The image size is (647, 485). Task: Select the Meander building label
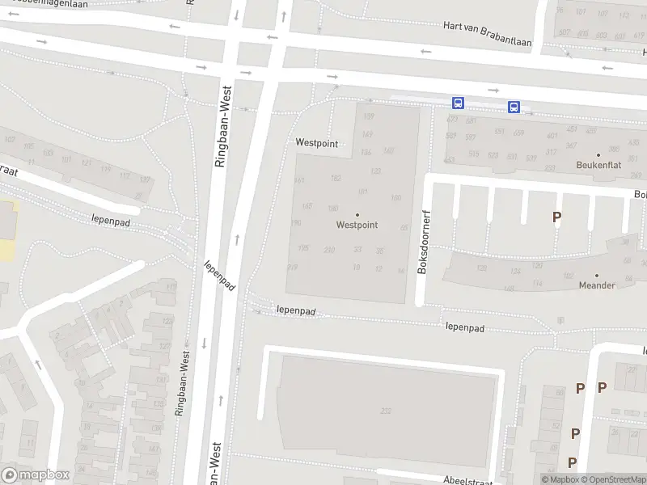(597, 285)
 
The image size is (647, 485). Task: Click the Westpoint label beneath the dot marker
(357, 226)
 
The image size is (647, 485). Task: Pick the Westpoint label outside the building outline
(316, 142)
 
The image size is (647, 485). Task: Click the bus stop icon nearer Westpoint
(458, 103)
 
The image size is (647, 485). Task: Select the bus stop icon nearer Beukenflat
(514, 107)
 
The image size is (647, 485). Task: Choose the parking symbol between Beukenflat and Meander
(556, 217)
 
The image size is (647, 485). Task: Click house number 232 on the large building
(385, 411)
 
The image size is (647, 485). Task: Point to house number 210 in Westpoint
(329, 250)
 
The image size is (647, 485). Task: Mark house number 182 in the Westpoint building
(336, 177)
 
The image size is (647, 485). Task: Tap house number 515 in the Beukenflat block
(473, 154)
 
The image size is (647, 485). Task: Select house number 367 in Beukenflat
(571, 146)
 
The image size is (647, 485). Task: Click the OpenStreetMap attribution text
(615, 480)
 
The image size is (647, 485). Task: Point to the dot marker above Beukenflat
(598, 154)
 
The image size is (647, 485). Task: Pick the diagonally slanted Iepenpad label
(219, 276)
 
